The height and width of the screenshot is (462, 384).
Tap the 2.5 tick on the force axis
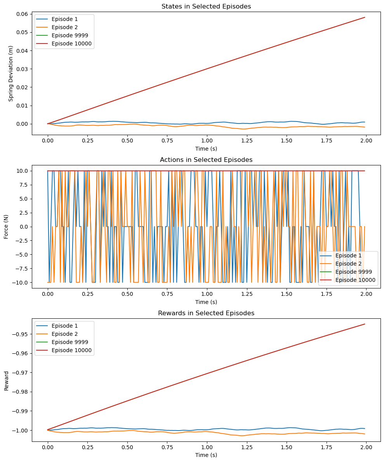[x=24, y=213]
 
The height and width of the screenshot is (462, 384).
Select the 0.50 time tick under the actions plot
[x=127, y=294]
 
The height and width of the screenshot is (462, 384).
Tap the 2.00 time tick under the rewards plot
[x=366, y=447]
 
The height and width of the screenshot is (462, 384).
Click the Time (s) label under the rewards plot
[x=206, y=455]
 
